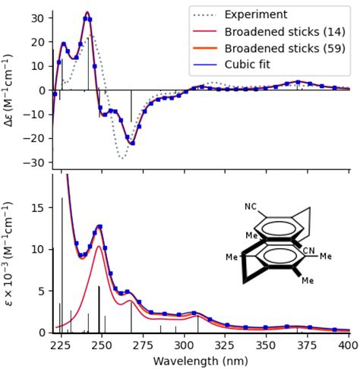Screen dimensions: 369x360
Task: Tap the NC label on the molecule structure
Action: click(251, 206)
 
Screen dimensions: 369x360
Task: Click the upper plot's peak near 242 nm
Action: click(88, 13)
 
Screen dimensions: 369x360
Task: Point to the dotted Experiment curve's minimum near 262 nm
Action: click(122, 157)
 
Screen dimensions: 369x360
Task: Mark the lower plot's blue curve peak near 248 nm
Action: click(99, 226)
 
